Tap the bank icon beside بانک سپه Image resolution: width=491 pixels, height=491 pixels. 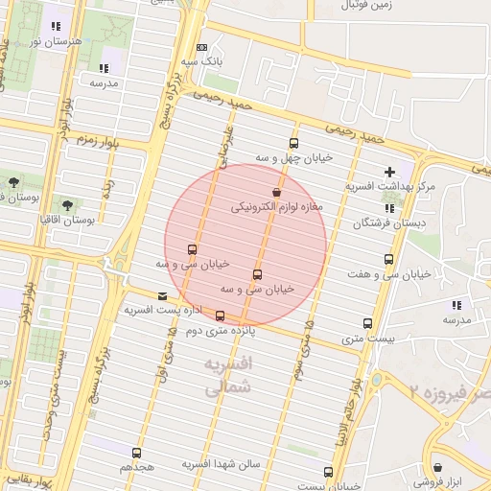pos(200,47)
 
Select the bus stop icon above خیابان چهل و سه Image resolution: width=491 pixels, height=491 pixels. pos(293,143)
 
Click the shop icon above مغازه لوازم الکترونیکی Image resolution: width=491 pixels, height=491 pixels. pos(276,193)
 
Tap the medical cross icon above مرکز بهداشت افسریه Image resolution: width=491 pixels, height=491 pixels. pos(388,172)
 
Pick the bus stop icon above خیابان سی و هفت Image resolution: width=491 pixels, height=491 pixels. pos(388,259)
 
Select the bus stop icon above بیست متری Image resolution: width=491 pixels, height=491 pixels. pos(368,323)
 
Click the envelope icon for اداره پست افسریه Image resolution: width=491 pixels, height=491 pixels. pos(161,296)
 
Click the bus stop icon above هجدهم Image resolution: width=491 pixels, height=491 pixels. pos(136,452)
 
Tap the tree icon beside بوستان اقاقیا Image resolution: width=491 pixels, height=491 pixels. pos(67,204)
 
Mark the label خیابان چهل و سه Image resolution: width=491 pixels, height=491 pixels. pos(293,156)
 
